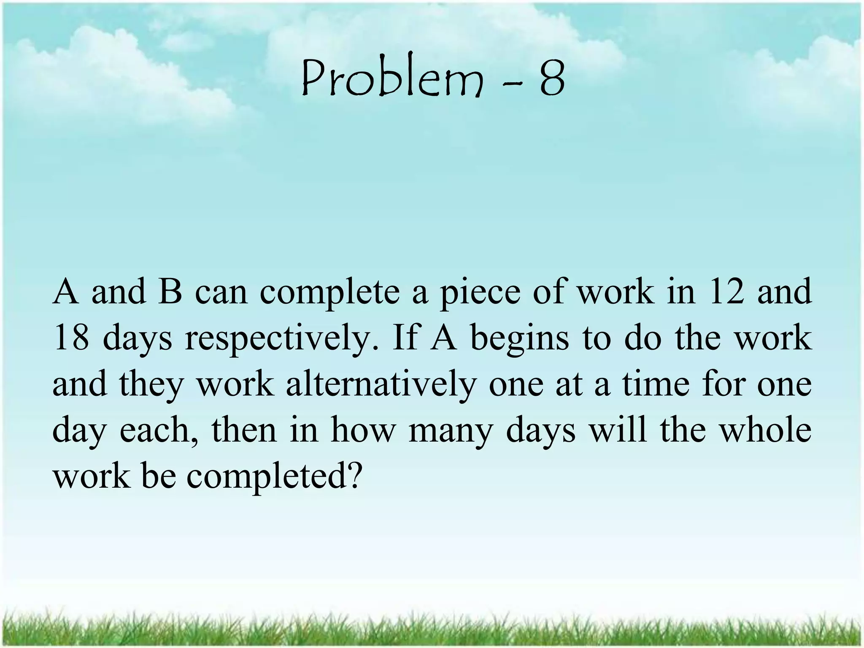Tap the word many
450,432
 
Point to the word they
150,386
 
